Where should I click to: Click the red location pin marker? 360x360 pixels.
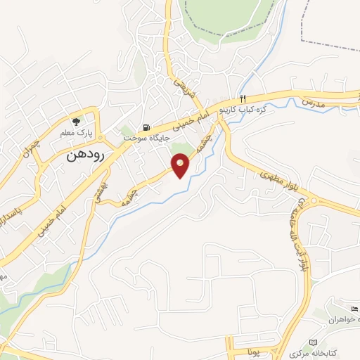181,165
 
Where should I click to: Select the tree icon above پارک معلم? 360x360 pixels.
76,122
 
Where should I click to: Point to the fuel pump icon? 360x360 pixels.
146,127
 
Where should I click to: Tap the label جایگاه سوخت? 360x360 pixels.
147,138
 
